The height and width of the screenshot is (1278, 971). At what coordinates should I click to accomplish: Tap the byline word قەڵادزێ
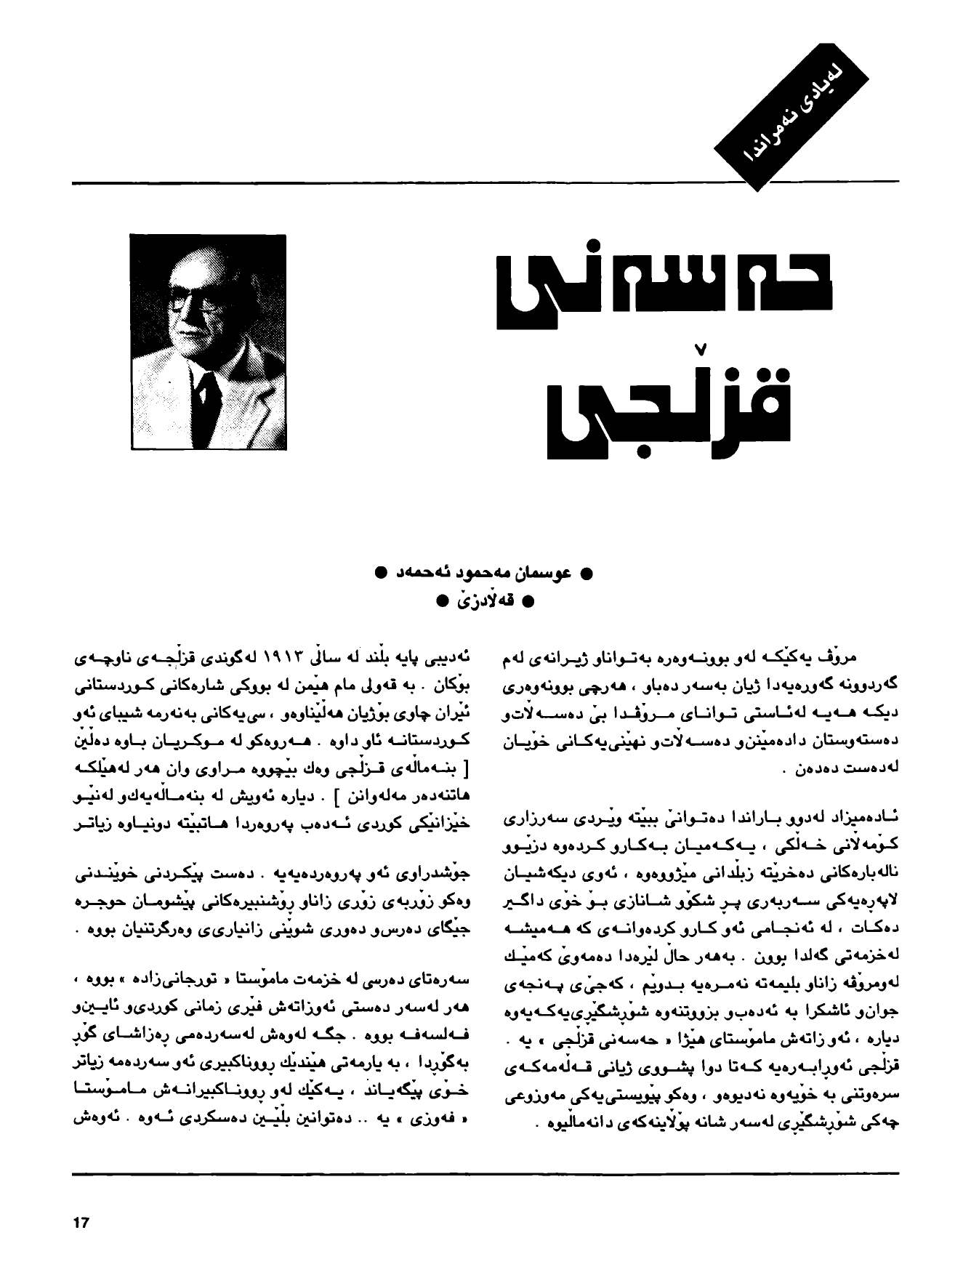(x=483, y=601)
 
